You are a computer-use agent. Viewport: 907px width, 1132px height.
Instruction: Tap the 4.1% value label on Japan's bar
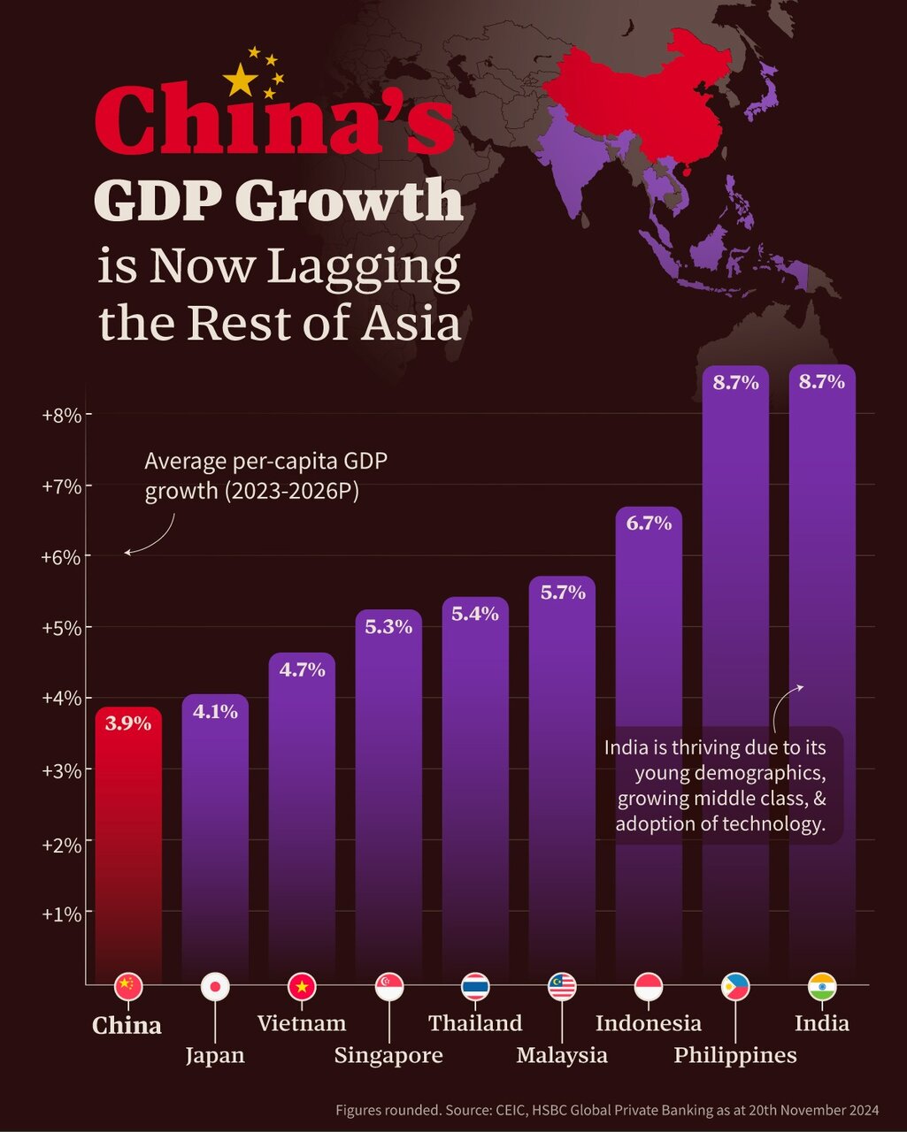tap(215, 711)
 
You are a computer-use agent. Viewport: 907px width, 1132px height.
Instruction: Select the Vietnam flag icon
tap(302, 986)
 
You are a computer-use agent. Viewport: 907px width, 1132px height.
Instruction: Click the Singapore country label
tap(388, 1055)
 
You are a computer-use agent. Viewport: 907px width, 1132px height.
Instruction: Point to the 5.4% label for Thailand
tap(475, 613)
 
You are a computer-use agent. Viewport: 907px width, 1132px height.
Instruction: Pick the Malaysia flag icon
tap(562, 986)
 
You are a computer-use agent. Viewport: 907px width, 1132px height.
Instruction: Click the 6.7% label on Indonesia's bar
tap(649, 523)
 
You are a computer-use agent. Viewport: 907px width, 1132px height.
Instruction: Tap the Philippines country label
tap(735, 1055)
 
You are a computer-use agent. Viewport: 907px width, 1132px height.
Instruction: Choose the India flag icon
tap(822, 986)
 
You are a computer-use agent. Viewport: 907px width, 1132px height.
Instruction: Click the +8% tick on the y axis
tap(62, 414)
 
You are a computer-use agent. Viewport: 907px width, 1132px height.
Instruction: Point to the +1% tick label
tap(62, 913)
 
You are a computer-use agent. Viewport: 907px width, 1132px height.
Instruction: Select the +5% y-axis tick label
tap(62, 628)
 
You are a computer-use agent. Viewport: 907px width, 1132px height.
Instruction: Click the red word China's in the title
tap(274, 119)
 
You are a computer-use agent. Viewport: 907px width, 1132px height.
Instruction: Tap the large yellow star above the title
tap(241, 81)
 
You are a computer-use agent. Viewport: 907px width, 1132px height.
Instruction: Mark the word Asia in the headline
tap(414, 324)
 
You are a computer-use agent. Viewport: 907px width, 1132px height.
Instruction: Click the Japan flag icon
tap(215, 986)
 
